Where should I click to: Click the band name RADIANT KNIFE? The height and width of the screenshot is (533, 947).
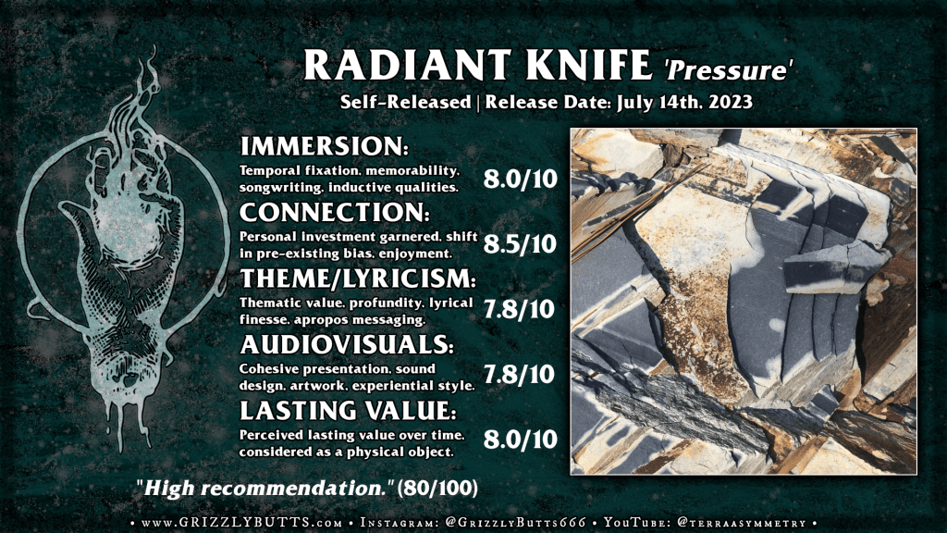[x=477, y=66]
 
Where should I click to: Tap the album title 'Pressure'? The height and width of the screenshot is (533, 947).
[x=729, y=69]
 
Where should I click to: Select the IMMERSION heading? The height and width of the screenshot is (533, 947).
[x=325, y=146]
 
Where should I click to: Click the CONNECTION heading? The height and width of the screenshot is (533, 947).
[x=335, y=212]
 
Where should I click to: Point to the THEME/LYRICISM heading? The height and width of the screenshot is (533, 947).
[x=358, y=279]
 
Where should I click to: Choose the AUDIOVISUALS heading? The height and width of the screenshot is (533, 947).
[x=347, y=344]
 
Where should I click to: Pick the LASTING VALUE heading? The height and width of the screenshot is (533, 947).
[x=348, y=410]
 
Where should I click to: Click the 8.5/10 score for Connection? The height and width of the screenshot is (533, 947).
[x=520, y=243]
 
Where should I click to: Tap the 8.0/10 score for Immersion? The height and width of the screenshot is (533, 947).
[x=520, y=179]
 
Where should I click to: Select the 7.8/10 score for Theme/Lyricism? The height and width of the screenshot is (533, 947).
[x=519, y=309]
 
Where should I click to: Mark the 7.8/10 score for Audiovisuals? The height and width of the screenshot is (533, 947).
[x=519, y=375]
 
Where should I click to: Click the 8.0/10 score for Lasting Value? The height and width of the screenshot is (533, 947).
[x=520, y=440]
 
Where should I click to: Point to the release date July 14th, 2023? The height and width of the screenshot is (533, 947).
[x=685, y=102]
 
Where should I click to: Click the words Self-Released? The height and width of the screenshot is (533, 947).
[x=405, y=102]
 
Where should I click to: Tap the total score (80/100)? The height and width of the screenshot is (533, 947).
[x=437, y=488]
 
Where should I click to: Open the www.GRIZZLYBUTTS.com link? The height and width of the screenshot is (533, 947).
[x=242, y=523]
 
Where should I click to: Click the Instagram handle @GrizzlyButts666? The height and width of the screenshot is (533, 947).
[x=514, y=523]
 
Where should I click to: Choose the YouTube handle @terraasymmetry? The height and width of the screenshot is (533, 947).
[x=743, y=523]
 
